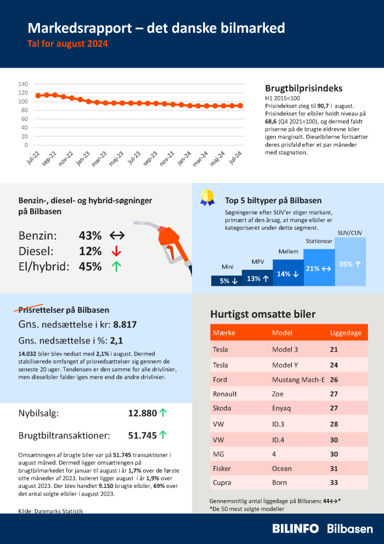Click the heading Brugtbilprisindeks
click(x=303, y=88)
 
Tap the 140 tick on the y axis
click(x=23, y=84)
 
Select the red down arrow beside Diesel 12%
click(x=116, y=251)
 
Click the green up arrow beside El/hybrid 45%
click(x=116, y=267)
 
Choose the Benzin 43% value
click(x=91, y=236)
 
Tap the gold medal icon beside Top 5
click(x=207, y=198)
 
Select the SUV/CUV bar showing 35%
click(x=350, y=264)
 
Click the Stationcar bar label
click(x=319, y=241)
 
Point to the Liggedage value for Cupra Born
click(x=334, y=482)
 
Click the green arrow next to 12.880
click(x=163, y=413)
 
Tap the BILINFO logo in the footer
click(x=296, y=528)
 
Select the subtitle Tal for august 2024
click(x=68, y=43)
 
